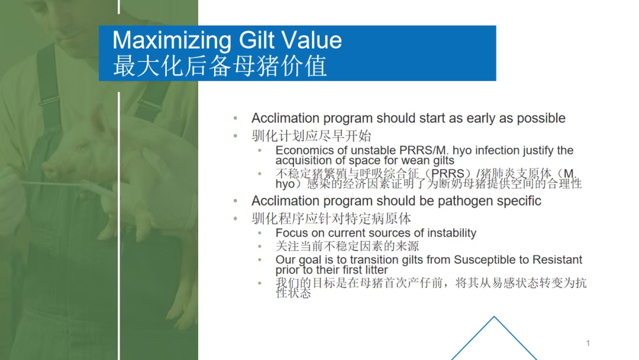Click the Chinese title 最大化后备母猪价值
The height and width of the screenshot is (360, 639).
point(220,66)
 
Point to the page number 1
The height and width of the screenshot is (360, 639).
point(588,343)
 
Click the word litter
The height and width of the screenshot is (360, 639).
point(376,270)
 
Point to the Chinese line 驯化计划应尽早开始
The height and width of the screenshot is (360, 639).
point(311,136)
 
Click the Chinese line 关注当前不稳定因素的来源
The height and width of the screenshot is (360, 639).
point(347,246)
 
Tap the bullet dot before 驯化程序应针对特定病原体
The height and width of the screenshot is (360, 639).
point(235,219)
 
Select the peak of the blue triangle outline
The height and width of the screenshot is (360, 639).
point(494,317)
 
